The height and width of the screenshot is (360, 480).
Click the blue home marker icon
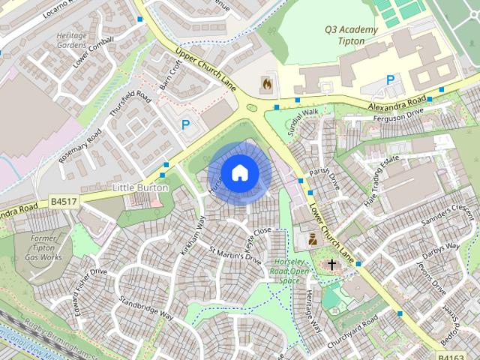coord(239,172)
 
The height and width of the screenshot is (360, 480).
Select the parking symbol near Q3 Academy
coord(390,79)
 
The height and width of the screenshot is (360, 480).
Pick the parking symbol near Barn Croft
coord(185,125)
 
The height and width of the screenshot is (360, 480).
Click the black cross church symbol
coord(332,265)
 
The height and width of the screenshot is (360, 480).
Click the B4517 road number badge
coord(64,202)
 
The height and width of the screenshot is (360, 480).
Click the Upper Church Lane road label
coord(206,70)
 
